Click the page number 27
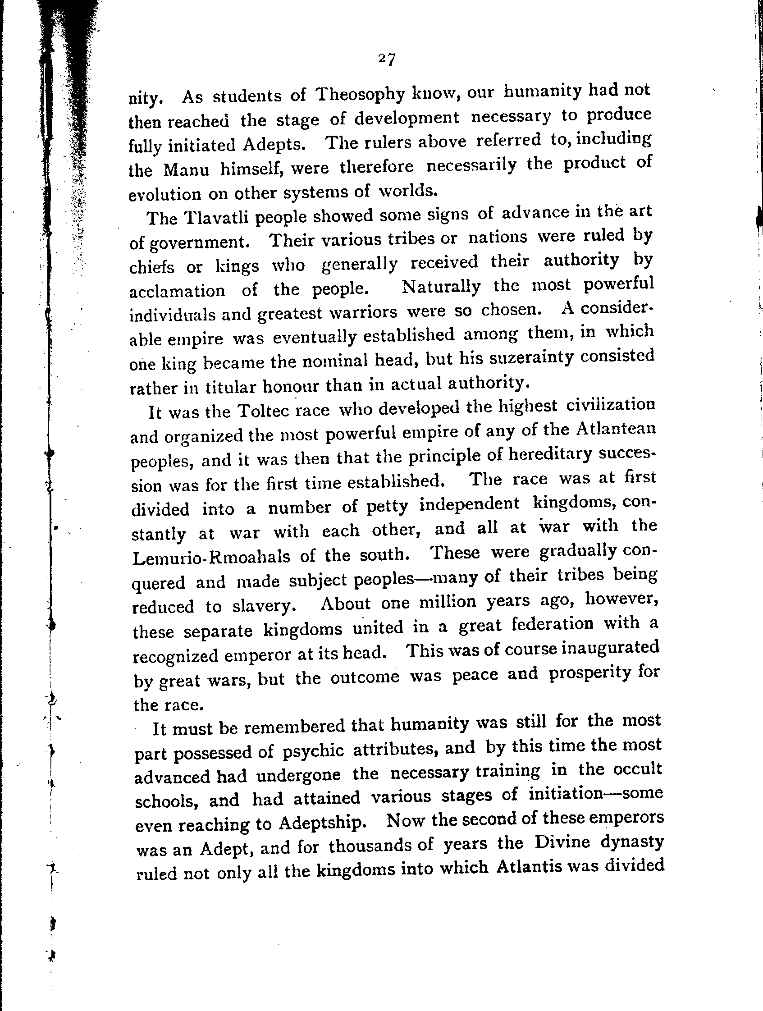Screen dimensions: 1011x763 [387, 60]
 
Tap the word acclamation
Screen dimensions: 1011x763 [177, 291]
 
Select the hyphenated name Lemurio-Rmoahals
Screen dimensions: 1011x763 [210, 557]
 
